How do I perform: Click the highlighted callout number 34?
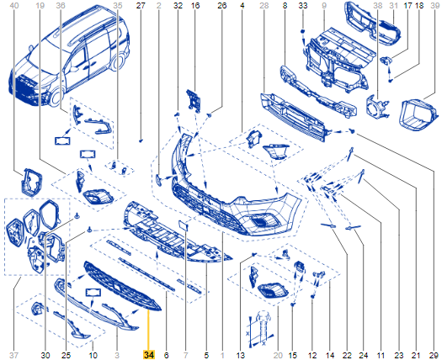[149, 355]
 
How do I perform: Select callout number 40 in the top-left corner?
[14, 5]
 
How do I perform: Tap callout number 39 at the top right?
[434, 5]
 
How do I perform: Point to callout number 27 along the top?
[141, 5]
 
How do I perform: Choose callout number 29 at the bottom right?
[434, 355]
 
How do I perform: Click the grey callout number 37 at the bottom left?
[13, 355]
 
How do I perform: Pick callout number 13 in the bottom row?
[240, 355]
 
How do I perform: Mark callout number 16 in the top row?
[195, 5]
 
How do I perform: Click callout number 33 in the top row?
[303, 5]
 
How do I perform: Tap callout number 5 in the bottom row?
[206, 355]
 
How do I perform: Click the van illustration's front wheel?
[56, 96]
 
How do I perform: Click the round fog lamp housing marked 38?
[376, 106]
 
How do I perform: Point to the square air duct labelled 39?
[418, 114]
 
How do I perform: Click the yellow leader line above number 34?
[148, 331]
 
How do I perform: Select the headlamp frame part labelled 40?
[32, 183]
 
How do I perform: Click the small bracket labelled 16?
[194, 100]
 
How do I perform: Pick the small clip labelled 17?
[386, 60]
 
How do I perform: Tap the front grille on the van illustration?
[25, 88]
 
